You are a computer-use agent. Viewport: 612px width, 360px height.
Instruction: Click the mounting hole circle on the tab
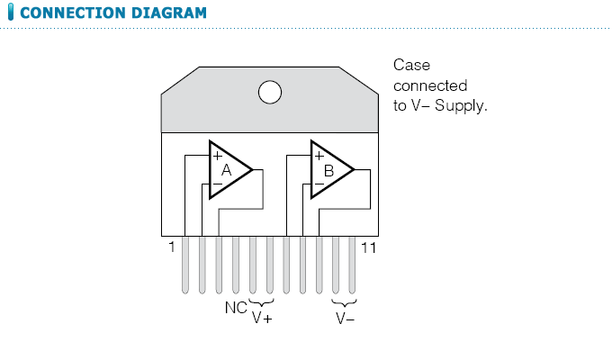coord(269,93)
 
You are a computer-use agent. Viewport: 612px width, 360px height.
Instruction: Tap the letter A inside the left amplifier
coord(226,170)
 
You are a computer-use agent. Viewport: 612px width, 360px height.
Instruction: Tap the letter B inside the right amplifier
coord(328,170)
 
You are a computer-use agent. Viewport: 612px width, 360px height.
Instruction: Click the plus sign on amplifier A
coord(217,155)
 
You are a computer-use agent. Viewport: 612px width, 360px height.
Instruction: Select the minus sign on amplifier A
coord(217,184)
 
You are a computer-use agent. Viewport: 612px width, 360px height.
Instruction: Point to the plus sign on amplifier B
coord(319,155)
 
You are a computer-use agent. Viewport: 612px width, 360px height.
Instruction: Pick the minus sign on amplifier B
coord(319,184)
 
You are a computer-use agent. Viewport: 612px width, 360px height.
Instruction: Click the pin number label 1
coord(171,247)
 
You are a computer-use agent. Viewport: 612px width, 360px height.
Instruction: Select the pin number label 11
coord(367,247)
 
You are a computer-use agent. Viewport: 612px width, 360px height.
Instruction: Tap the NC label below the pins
coord(234,307)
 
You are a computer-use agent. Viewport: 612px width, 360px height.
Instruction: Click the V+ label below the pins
coord(262,318)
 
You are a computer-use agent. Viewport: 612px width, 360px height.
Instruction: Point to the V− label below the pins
coord(345,318)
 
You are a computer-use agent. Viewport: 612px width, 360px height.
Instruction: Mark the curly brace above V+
coord(261,303)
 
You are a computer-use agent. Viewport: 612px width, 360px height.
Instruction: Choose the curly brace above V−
coord(345,303)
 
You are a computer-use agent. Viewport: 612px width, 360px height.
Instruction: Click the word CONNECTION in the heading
coord(67,13)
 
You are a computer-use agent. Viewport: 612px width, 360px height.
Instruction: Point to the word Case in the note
coord(412,66)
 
